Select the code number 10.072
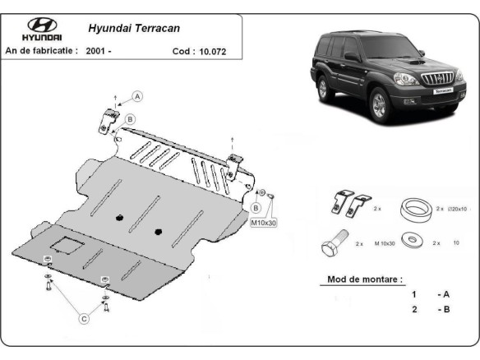click(210, 51)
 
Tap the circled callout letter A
click(137, 96)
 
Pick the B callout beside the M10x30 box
click(256, 196)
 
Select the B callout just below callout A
click(130, 120)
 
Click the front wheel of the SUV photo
click(380, 107)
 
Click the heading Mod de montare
click(365, 279)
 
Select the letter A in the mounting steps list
click(446, 293)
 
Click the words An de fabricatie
click(40, 51)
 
